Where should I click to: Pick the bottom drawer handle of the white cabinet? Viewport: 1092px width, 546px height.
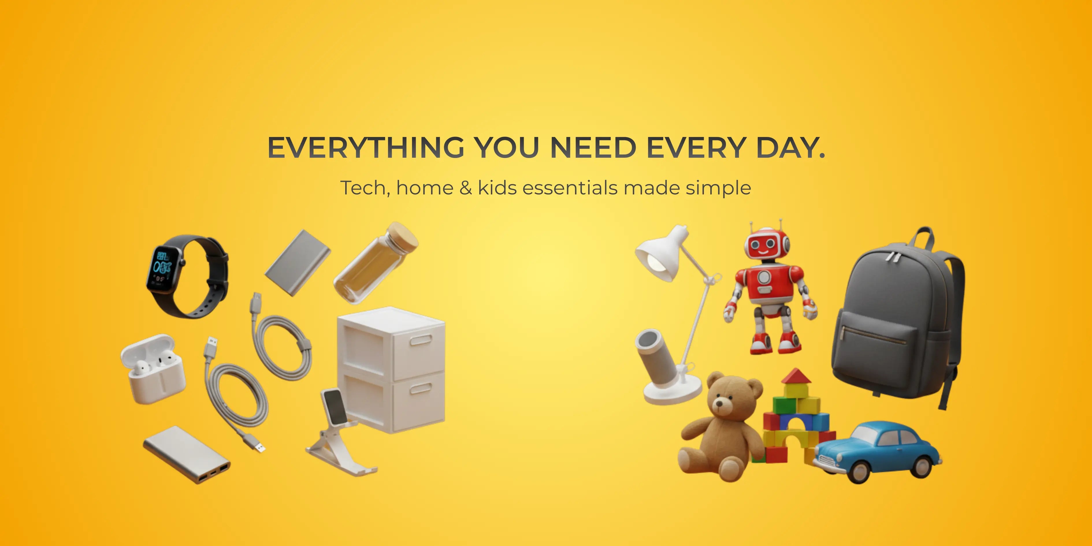(421, 388)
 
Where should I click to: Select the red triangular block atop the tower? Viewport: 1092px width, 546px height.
(796, 376)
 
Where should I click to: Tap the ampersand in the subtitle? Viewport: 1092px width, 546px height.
(465, 188)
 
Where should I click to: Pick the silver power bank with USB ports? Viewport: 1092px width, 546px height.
(187, 455)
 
